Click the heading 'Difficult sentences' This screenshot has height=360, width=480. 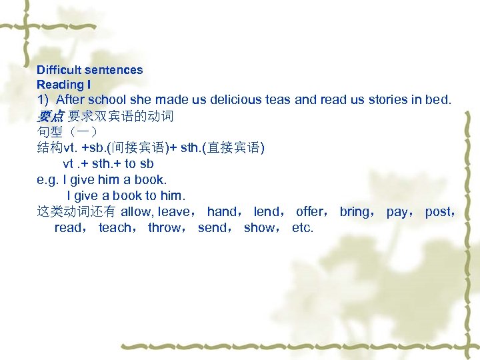90,70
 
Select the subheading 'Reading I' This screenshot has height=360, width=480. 64,85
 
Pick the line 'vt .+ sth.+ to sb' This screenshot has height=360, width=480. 109,163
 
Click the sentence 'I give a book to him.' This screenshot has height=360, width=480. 126,195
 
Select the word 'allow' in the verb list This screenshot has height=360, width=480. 136,212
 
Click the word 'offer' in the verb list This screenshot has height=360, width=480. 309,212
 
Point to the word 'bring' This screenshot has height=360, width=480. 354,212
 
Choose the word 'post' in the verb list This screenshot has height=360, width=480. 437,212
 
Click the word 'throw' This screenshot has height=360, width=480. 163,228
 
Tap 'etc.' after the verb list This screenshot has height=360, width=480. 303,228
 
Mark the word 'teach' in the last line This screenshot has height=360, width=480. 114,228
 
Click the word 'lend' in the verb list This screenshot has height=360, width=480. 267,212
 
